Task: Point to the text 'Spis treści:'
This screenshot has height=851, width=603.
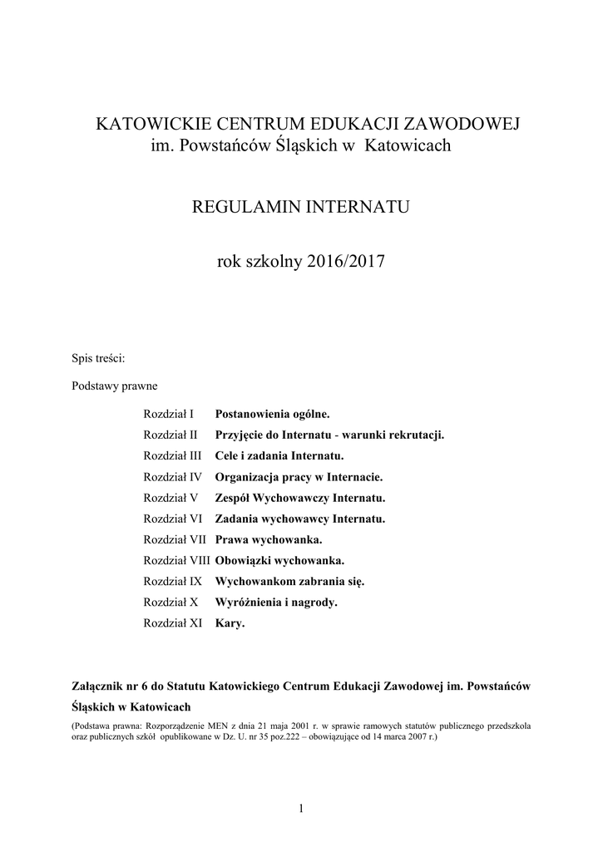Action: point(99,358)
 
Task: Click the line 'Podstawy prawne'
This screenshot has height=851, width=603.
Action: point(115,386)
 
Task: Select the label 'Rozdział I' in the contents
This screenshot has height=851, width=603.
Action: point(168,413)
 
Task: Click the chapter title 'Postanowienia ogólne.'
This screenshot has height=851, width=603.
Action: point(272,413)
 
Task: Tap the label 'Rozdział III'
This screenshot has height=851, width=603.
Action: point(172,455)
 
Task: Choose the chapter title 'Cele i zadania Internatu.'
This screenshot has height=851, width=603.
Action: point(279,455)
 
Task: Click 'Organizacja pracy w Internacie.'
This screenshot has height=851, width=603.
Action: point(299,477)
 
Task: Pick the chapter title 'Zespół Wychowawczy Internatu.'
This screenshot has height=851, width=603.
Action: point(300,498)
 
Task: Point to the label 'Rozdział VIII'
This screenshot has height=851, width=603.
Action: point(176,561)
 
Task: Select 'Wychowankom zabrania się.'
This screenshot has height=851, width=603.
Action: point(289,582)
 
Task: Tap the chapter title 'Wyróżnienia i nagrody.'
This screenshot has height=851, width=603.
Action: point(276,603)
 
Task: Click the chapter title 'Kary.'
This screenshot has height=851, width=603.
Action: point(230,623)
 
